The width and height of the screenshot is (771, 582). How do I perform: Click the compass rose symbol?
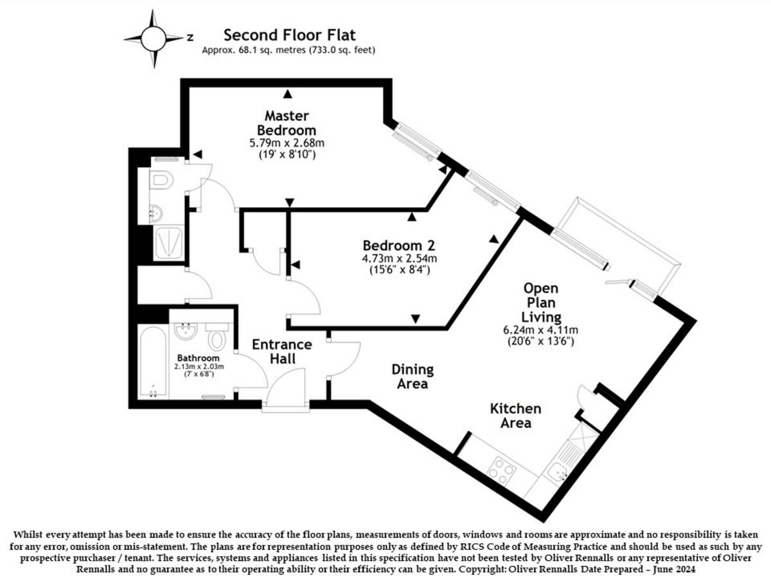(154, 39)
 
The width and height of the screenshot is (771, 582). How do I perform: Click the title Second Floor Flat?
(288, 35)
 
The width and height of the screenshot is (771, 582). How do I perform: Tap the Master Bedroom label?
(287, 122)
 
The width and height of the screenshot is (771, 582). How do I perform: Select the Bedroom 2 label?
(398, 245)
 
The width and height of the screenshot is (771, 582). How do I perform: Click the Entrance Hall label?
(281, 351)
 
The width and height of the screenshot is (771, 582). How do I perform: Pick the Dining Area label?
(412, 377)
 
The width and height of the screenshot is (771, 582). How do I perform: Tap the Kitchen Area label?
(515, 415)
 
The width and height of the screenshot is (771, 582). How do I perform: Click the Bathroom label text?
(199, 358)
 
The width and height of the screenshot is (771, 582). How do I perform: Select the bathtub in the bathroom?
(154, 361)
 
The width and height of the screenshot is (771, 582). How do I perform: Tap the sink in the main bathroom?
(186, 331)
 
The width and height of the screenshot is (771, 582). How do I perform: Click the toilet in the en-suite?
(161, 180)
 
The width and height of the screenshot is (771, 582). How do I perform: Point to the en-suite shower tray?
(168, 242)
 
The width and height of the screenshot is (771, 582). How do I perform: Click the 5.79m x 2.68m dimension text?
(287, 143)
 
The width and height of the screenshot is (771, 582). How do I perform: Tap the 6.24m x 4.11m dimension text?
(539, 330)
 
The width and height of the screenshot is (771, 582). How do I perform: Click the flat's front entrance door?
(286, 392)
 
